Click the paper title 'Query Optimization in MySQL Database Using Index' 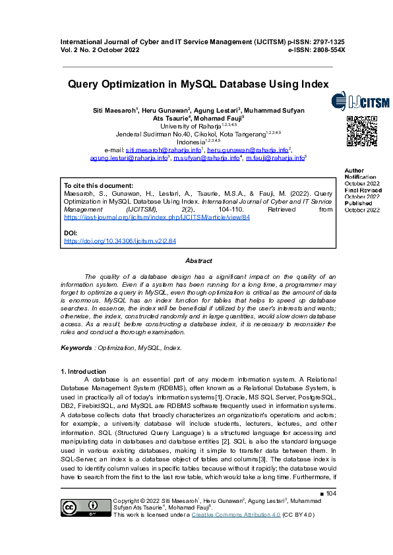coord(198,84)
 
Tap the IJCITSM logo coord(360,102)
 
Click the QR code coord(362,132)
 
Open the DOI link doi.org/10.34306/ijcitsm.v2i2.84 coord(120,242)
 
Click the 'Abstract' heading coord(198,261)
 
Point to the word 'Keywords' coord(76,347)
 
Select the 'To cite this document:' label coord(98,186)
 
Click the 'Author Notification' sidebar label coord(360,174)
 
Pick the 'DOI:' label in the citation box coord(71,233)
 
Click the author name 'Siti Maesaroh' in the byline coord(113,110)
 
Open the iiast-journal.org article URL coord(157,216)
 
